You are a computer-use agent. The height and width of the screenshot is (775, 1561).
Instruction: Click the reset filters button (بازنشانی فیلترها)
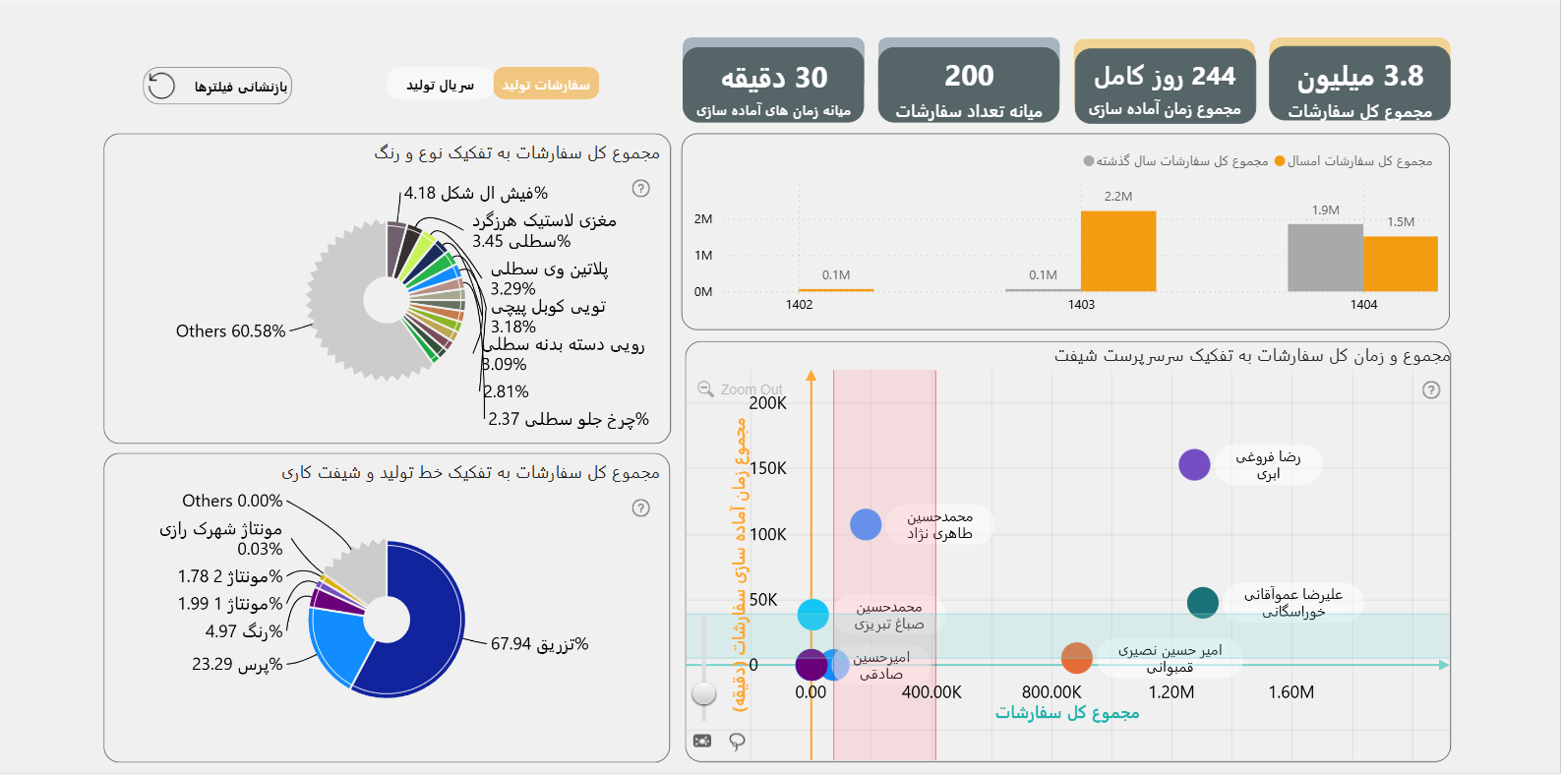(x=217, y=87)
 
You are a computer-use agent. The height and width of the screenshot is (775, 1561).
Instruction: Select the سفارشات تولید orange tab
(x=546, y=85)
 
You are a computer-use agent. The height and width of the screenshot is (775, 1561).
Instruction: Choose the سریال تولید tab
(x=440, y=85)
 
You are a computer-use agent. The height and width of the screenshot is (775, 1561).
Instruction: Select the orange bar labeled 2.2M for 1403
(x=1118, y=252)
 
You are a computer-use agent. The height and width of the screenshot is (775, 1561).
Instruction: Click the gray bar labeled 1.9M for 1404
(x=1325, y=258)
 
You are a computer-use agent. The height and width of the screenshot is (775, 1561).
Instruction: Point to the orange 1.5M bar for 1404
(x=1401, y=264)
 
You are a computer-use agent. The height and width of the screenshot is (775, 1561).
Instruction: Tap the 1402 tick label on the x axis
(x=799, y=305)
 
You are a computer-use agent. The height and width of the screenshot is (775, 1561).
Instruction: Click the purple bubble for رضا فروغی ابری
(x=1194, y=464)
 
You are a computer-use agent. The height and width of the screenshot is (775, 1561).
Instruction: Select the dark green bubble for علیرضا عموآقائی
(x=1202, y=603)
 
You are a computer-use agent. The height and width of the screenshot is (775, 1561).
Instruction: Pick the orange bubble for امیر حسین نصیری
(x=1077, y=658)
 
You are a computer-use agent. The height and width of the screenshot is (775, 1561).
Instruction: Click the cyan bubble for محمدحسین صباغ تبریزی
(x=812, y=615)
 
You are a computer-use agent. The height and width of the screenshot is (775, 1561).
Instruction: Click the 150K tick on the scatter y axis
(x=768, y=468)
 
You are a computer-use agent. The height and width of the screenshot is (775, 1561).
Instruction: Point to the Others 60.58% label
(x=230, y=331)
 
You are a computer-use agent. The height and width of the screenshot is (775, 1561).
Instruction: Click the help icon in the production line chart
(x=640, y=507)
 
